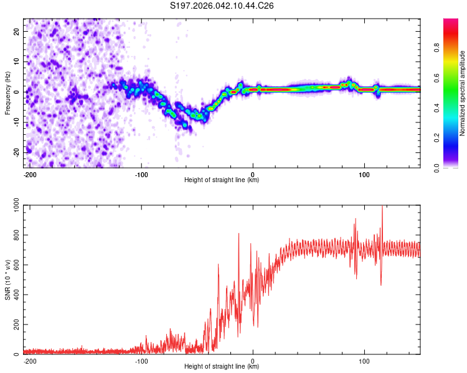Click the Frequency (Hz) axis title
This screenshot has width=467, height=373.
(x=7, y=92)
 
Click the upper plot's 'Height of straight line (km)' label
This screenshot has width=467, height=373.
(x=222, y=180)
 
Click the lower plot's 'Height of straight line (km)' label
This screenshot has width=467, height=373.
(x=222, y=367)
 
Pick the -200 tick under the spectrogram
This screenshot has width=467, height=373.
(x=29, y=174)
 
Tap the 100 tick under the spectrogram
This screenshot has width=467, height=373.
(x=364, y=174)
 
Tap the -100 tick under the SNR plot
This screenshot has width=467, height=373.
(x=141, y=361)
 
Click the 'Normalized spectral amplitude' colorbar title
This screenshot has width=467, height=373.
(x=463, y=93)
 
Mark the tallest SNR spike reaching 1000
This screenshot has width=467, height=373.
(x=382, y=208)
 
